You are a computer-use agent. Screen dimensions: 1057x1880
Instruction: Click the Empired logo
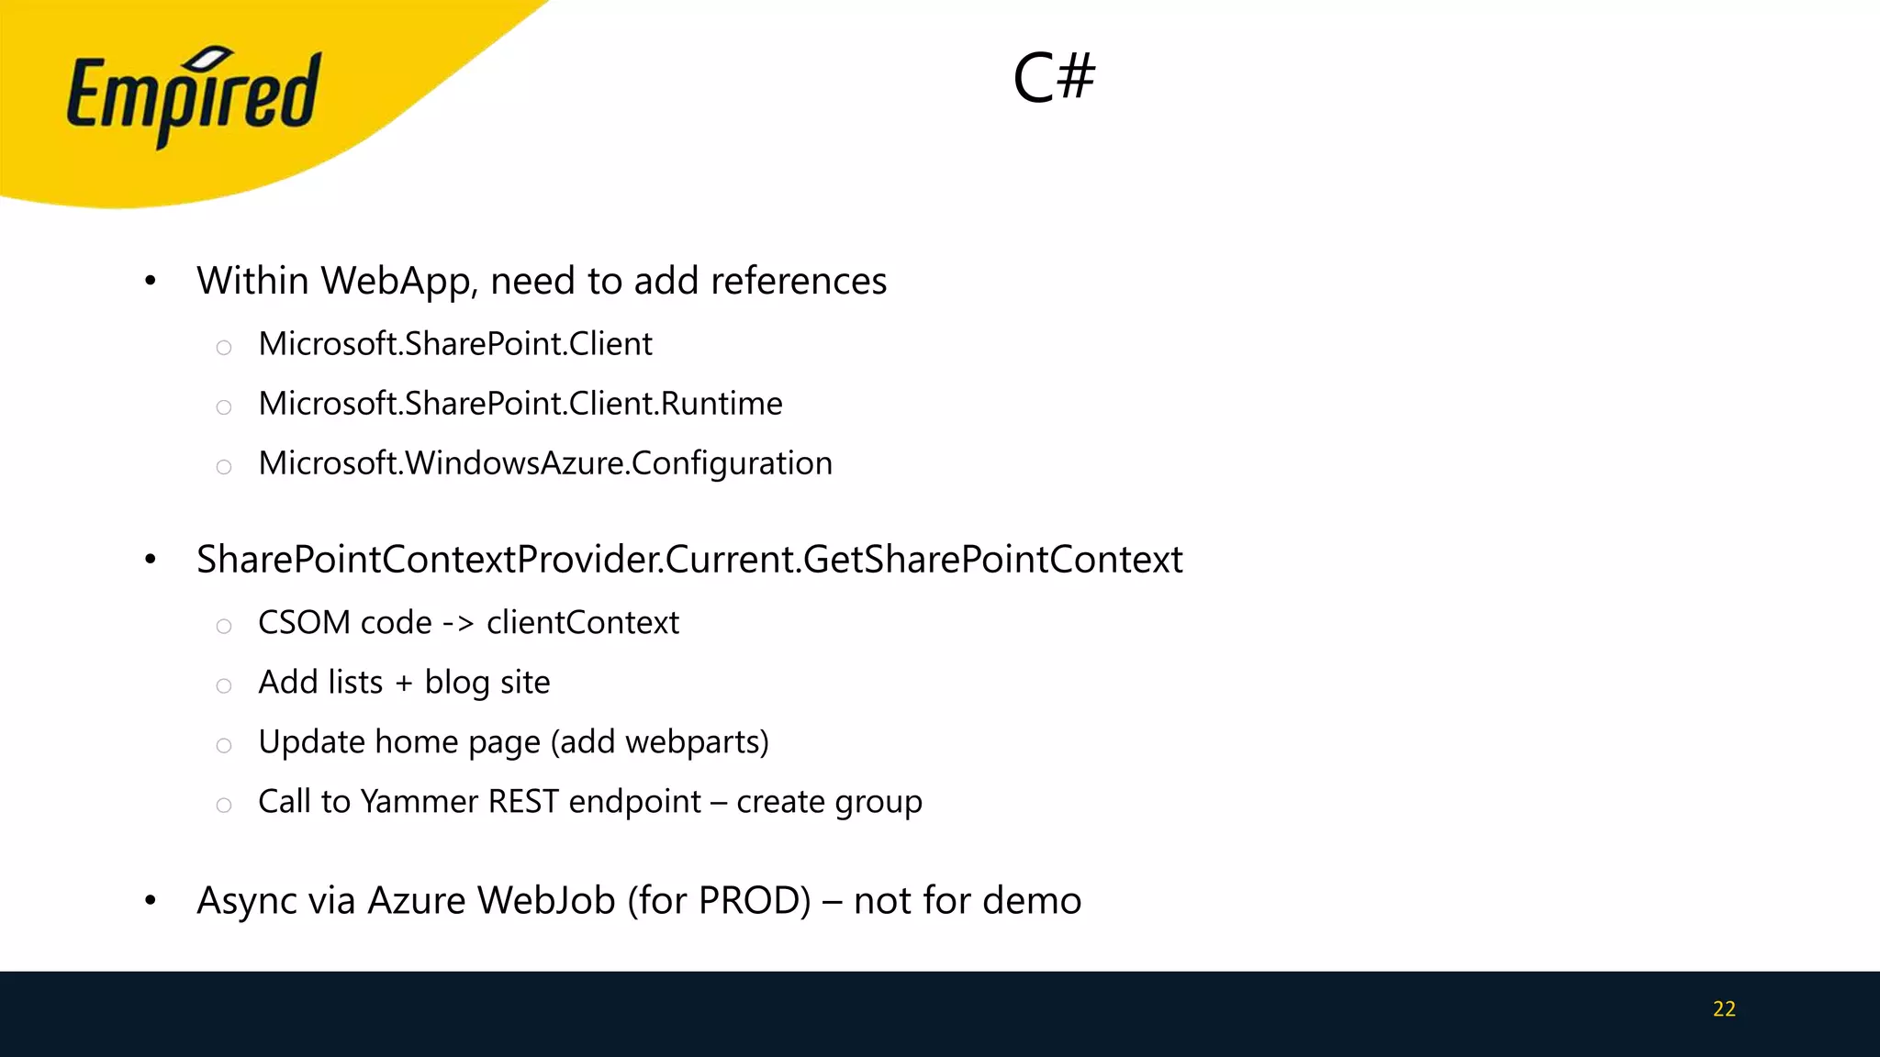[x=193, y=95]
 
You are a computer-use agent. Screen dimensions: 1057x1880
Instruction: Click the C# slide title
[x=1054, y=77]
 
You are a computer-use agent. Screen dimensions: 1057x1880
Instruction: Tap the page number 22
[x=1724, y=1009]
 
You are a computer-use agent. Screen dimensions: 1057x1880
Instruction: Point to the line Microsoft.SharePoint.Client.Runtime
[x=520, y=404]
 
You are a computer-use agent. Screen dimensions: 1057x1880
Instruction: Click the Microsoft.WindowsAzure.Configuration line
[x=545, y=463]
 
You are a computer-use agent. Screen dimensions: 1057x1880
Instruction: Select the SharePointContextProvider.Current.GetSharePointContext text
[x=689, y=560]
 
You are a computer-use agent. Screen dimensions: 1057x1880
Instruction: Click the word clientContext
[x=583, y=623]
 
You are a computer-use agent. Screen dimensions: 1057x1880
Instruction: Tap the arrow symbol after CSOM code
[x=458, y=624]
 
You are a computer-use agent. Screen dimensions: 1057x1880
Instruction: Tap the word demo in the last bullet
[x=1031, y=901]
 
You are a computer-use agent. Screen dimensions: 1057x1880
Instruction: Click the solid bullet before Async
[x=151, y=901]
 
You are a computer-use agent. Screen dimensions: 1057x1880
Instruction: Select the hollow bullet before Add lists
[x=224, y=685]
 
